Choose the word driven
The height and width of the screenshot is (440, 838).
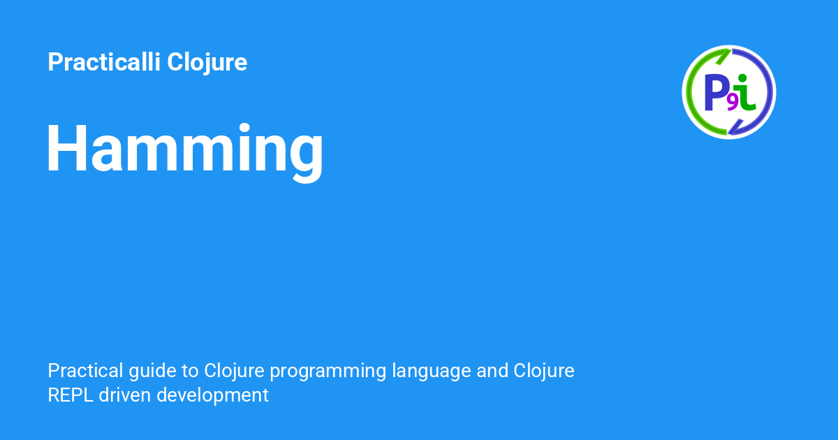(x=125, y=395)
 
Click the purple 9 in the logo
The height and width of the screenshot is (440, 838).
(x=733, y=103)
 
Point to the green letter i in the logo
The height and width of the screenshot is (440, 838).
(x=747, y=94)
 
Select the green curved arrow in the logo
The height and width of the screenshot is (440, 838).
(x=693, y=84)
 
